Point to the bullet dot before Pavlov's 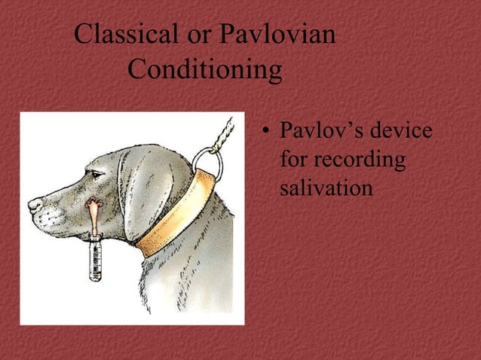point(265,134)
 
